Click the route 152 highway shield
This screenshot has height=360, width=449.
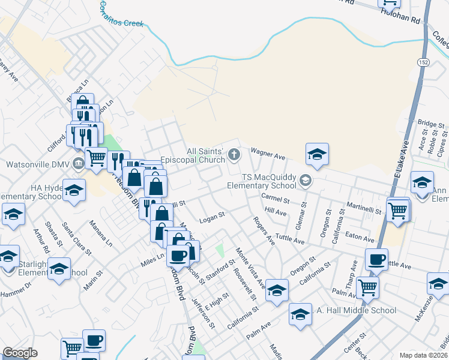(423, 62)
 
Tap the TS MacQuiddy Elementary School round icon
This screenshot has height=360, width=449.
(306, 180)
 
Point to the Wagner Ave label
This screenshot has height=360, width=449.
(268, 154)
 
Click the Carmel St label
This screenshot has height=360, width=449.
(276, 198)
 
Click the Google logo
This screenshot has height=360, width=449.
(20, 353)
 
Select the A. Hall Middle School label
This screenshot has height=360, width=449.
(354, 310)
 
